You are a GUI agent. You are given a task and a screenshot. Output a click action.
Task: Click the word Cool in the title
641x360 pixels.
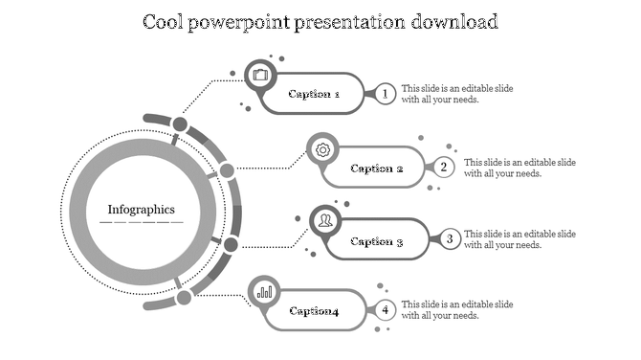click(x=166, y=21)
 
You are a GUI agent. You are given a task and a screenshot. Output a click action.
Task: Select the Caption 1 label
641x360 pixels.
click(x=314, y=95)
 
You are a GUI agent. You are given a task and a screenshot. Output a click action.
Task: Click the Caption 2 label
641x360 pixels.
click(x=377, y=169)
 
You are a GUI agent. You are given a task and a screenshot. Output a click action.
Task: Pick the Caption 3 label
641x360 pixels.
click(x=377, y=241)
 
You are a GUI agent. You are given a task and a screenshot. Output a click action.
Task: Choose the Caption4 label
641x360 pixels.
click(x=314, y=311)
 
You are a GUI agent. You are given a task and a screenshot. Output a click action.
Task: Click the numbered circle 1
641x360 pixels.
click(x=385, y=94)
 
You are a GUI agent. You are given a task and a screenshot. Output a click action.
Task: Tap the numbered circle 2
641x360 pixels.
click(x=444, y=168)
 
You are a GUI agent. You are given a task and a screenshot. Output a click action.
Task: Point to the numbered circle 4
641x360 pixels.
click(x=385, y=310)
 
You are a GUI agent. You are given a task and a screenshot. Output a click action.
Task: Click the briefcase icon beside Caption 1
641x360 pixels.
click(x=260, y=74)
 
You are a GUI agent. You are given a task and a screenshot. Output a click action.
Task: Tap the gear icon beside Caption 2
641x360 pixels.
click(x=323, y=149)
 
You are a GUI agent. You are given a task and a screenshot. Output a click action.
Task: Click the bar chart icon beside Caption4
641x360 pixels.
click(x=264, y=291)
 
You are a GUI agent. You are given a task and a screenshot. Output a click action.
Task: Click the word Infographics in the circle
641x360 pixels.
click(x=141, y=210)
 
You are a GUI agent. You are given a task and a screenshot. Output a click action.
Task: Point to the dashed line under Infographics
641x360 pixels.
click(x=141, y=222)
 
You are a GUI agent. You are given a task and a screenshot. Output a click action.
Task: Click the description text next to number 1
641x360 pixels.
click(x=456, y=94)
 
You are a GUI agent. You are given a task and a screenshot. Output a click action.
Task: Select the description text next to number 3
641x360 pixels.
click(x=519, y=239)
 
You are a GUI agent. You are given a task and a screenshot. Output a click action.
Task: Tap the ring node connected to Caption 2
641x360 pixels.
click(x=227, y=171)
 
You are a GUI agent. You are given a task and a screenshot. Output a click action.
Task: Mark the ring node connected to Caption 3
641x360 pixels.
click(x=230, y=245)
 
